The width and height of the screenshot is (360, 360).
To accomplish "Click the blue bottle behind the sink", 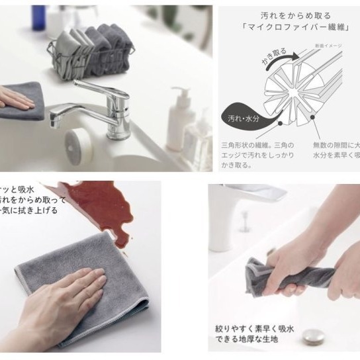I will [39, 20].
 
